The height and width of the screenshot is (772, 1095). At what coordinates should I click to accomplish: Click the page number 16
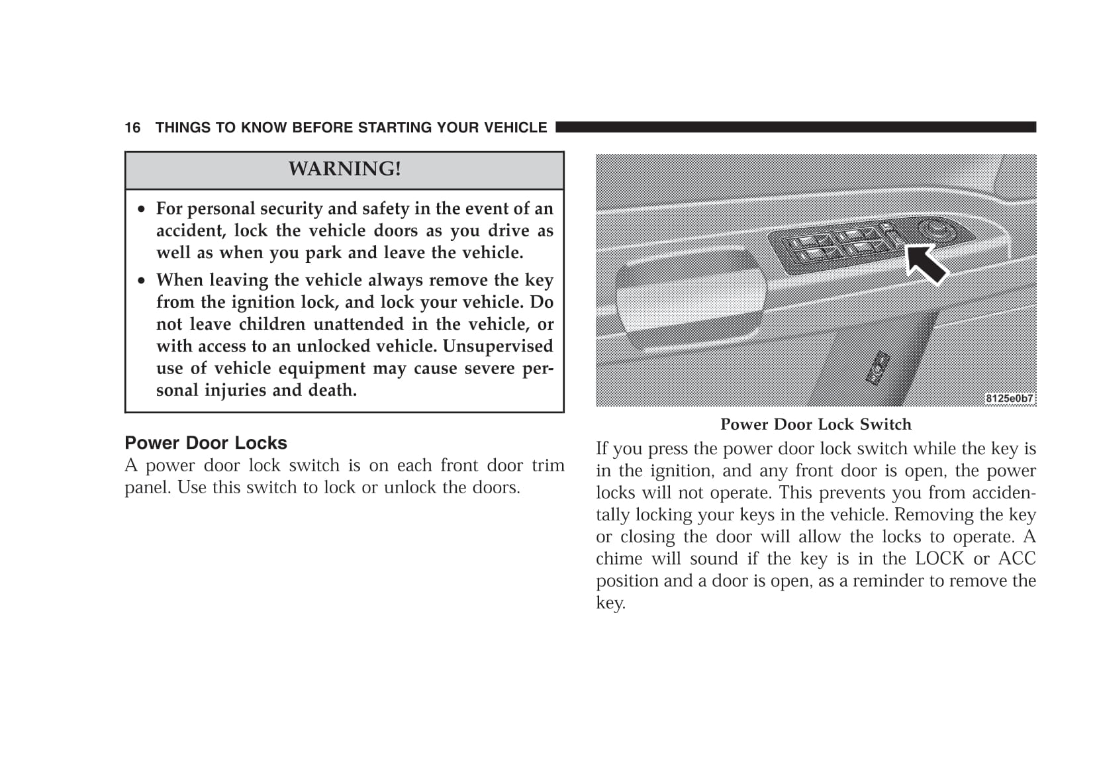click(132, 128)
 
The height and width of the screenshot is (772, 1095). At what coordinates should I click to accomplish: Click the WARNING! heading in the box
click(344, 169)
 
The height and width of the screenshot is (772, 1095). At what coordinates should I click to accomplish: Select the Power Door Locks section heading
click(206, 443)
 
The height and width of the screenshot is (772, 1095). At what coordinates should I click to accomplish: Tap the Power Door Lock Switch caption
click(816, 424)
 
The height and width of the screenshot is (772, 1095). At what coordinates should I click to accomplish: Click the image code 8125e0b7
click(1009, 399)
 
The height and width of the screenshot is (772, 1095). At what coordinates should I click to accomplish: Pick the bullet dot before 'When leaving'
click(141, 281)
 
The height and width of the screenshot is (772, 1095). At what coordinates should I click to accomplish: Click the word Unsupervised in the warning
click(498, 346)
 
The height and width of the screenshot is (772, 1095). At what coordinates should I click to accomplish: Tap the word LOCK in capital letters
click(939, 559)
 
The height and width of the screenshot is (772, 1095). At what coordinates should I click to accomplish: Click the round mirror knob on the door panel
click(937, 229)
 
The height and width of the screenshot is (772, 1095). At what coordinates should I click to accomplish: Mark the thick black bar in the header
click(795, 127)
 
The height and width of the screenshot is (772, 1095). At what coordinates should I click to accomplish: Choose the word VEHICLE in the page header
click(516, 128)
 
